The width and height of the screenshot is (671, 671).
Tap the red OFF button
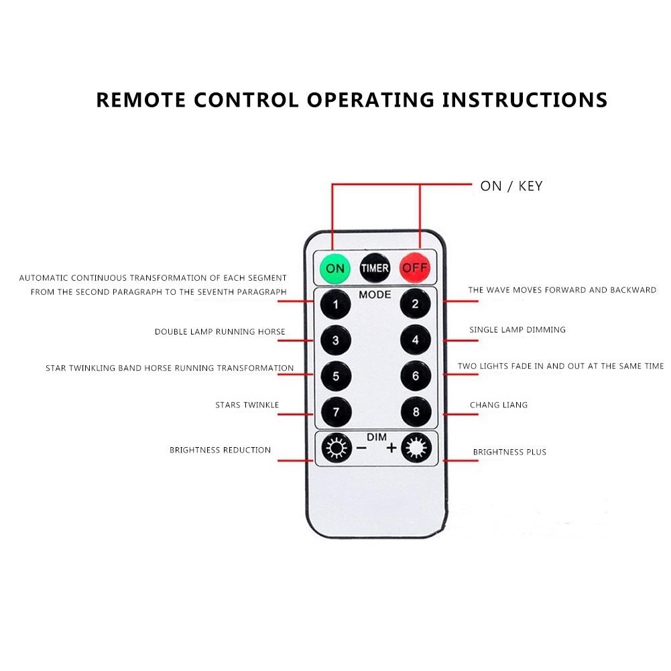pos(414,268)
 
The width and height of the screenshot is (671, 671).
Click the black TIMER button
pos(375,268)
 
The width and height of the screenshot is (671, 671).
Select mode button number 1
pos(335,304)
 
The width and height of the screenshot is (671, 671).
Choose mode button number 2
pos(415,304)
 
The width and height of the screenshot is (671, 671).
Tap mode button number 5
pos(336,376)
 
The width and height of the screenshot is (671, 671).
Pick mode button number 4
pos(416,341)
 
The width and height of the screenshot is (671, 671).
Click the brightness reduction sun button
pos(337,448)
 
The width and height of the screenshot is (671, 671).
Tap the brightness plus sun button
pos(416,448)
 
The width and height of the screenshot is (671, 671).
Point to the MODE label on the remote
pos(375,294)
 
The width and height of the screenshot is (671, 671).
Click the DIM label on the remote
pos(377,437)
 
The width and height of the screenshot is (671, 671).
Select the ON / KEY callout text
pos(511,186)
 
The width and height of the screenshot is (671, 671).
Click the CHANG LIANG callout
pos(499,405)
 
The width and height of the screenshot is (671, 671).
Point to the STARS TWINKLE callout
pos(247,405)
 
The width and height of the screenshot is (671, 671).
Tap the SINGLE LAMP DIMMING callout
pos(517,330)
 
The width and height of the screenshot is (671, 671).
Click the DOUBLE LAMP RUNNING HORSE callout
pos(220,332)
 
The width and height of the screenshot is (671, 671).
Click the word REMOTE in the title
pos(141,100)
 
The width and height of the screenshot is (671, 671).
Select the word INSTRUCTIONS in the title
pos(525,100)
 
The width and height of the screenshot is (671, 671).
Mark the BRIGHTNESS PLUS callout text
pos(509,452)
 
